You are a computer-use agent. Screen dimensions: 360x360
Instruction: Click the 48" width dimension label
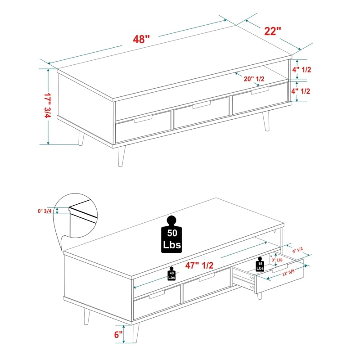pos(141,39)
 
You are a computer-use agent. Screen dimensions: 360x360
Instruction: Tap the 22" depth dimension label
pos(273,31)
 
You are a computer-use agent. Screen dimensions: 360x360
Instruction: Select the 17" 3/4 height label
pos(48,105)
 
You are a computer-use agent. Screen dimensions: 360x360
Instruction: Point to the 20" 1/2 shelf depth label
pos(254,79)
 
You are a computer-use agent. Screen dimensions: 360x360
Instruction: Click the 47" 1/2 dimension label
pos(199,265)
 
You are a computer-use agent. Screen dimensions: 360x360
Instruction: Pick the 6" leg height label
pos(118,334)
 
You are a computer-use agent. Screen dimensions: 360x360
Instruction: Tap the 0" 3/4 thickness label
pos(45,211)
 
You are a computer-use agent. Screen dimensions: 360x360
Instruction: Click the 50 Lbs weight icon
pos(171,234)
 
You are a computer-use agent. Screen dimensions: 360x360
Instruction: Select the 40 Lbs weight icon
pos(171,274)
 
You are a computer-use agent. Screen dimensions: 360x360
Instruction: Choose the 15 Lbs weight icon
pos(260,264)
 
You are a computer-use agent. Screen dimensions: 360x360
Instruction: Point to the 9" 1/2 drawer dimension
pos(297,250)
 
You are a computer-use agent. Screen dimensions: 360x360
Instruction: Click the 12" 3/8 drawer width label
pos(288,273)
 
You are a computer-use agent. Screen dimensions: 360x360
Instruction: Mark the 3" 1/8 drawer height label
pos(277,260)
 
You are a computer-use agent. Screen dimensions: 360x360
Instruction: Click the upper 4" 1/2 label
pos(301,70)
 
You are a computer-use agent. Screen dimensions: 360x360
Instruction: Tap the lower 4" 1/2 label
pos(301,91)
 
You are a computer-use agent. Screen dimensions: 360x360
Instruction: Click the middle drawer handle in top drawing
pos(201,105)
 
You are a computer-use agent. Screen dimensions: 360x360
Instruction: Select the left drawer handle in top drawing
pos(143,119)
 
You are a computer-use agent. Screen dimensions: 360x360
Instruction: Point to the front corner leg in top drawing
pos(121,156)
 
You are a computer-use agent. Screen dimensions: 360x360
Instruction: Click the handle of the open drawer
pos(279,268)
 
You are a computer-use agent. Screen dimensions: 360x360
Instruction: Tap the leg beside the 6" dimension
pos(135,333)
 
